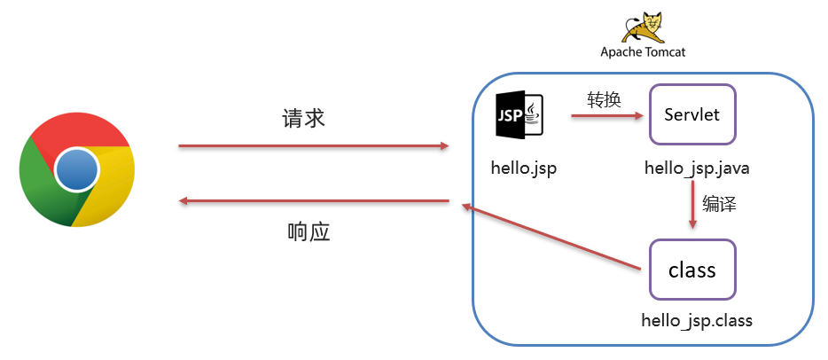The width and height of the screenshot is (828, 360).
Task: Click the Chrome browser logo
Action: pyautogui.click(x=76, y=168)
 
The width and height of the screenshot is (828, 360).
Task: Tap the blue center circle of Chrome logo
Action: pyautogui.click(x=76, y=168)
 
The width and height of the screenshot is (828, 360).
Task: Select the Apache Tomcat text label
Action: pyautogui.click(x=643, y=51)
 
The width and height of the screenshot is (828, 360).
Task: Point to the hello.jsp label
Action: pyautogui.click(x=523, y=167)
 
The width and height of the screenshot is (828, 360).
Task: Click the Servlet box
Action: pyautogui.click(x=692, y=114)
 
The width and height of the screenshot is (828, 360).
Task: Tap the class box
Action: pyautogui.click(x=692, y=269)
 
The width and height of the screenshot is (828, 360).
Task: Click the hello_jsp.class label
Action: pyautogui.click(x=697, y=320)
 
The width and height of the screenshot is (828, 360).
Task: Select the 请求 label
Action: pyautogui.click(x=304, y=119)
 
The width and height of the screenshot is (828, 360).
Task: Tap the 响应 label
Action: pyautogui.click(x=309, y=232)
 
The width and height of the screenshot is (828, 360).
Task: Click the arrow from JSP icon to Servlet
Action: pyautogui.click(x=605, y=114)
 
